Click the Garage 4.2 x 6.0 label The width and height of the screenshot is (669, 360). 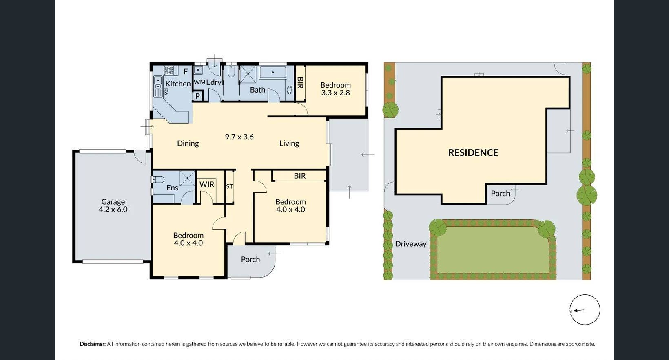(x=113, y=205)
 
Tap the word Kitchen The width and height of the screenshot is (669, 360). (x=177, y=84)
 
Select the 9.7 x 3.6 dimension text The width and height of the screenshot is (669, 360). (x=239, y=137)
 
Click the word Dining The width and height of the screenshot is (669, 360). (x=188, y=143)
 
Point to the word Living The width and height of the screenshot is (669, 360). (x=289, y=143)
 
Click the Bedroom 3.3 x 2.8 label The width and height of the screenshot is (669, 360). (x=335, y=89)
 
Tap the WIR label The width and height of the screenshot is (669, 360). (x=206, y=184)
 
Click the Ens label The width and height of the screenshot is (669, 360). (x=172, y=188)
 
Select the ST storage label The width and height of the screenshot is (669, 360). (x=230, y=186)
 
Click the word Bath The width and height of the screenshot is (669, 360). (x=257, y=90)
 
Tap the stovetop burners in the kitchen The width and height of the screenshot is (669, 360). (x=169, y=70)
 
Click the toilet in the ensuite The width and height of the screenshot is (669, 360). (x=158, y=179)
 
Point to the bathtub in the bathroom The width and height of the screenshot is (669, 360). (x=273, y=73)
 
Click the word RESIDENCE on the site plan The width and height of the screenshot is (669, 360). (x=473, y=152)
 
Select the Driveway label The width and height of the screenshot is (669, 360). (x=410, y=244)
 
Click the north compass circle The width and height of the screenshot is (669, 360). (x=585, y=310)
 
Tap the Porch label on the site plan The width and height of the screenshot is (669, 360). (x=500, y=193)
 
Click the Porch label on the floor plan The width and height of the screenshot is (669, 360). (x=250, y=259)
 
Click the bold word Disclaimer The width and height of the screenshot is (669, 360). (x=93, y=344)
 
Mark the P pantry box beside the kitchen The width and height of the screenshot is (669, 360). (x=197, y=96)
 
